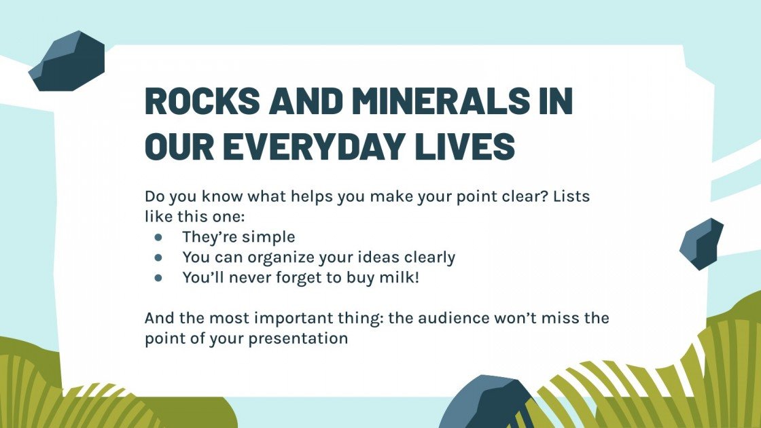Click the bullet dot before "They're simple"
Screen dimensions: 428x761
[x=158, y=237]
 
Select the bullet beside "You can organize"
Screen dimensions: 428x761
[x=158, y=257]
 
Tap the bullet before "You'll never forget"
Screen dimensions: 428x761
[x=158, y=278]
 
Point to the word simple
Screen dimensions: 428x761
[x=268, y=237]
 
